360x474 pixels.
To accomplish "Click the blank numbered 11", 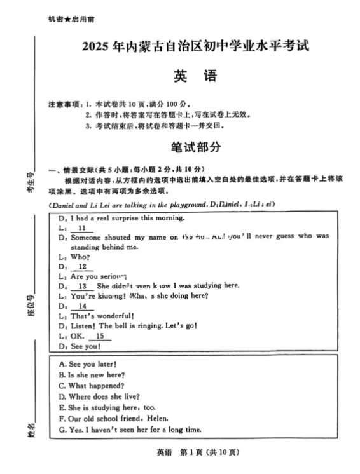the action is pyautogui.click(x=81, y=227).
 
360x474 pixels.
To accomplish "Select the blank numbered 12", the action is pyautogui.click(x=81, y=267).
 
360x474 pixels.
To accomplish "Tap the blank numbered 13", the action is pyautogui.click(x=81, y=286).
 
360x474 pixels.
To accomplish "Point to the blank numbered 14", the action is pyautogui.click(x=81, y=306).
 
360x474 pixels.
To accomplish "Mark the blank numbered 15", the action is pyautogui.click(x=99, y=336).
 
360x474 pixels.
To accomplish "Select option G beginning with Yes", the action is pyautogui.click(x=130, y=430).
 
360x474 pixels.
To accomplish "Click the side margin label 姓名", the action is pyautogui.click(x=31, y=430).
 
